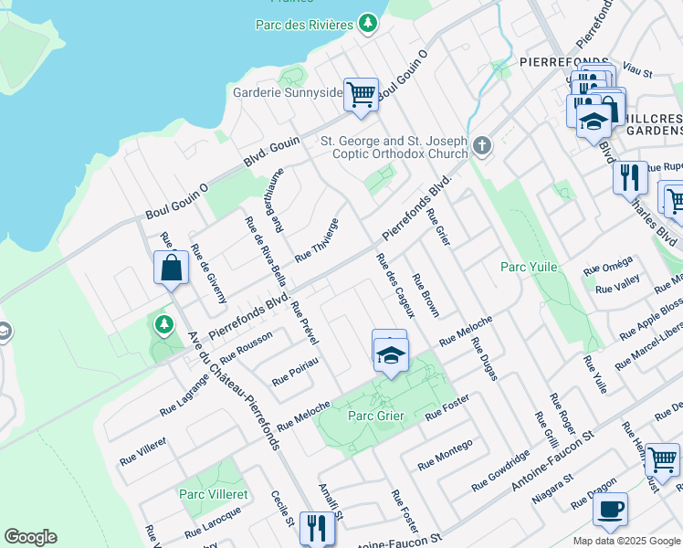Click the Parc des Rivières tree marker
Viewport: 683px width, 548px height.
click(x=367, y=23)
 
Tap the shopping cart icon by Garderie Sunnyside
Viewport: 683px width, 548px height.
click(x=362, y=93)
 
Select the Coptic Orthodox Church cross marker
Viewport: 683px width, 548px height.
click(x=482, y=144)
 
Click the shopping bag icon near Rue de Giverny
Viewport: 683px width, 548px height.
click(x=171, y=268)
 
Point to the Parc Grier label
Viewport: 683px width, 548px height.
click(x=376, y=416)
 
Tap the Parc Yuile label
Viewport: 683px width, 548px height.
click(x=529, y=267)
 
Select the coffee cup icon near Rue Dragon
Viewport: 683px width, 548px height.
click(x=610, y=509)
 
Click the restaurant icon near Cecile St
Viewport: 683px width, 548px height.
click(x=317, y=528)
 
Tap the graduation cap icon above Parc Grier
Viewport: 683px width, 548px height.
click(x=390, y=354)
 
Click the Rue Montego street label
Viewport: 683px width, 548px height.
click(x=446, y=455)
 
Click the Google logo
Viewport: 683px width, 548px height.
click(x=30, y=537)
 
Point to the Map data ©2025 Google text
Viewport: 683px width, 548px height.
click(x=627, y=541)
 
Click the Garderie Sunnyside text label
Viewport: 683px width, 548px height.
click(x=287, y=92)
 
